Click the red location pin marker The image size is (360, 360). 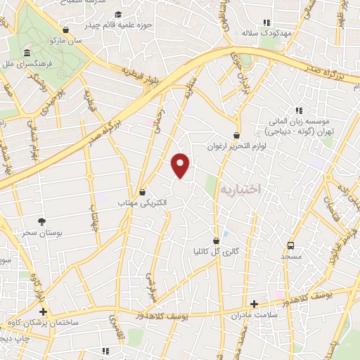click(x=181, y=166)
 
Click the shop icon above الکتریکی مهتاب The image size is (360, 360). click(x=143, y=191)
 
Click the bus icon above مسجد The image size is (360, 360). click(x=290, y=245)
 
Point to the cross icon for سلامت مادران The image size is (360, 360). click(x=254, y=304)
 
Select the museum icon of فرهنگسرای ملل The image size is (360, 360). click(x=27, y=53)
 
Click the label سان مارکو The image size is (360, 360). click(x=65, y=41)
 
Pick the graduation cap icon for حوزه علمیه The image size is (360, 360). click(x=117, y=15)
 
